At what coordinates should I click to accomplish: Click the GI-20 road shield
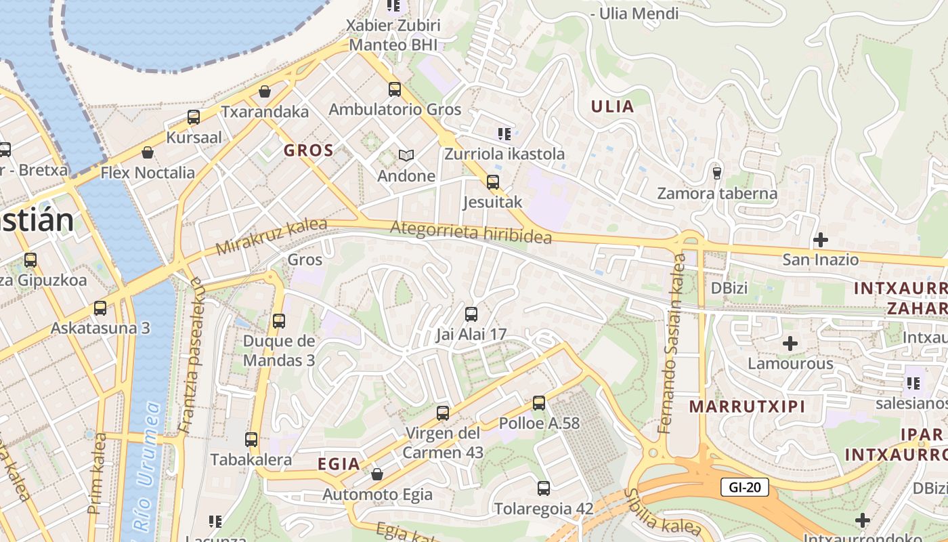point(744,486)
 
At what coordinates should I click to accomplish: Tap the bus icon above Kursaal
point(194,117)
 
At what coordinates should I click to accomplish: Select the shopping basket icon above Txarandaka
point(265,91)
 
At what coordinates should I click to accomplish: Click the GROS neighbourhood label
point(309,150)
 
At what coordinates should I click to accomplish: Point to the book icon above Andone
point(406,156)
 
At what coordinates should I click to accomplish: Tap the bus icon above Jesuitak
point(492,182)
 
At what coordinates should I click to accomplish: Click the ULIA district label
point(612,106)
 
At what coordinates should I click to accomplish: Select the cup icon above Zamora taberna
point(717,173)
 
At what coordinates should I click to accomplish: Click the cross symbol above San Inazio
point(820,239)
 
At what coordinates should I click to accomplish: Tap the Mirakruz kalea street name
point(271,236)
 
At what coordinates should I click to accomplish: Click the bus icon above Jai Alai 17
point(471,314)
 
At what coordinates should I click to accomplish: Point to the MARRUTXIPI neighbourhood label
point(747,406)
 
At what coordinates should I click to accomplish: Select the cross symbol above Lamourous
point(790,343)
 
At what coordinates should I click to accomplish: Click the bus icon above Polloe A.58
point(539,403)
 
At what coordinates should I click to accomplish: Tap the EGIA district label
point(339,464)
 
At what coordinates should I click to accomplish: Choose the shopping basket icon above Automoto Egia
point(377,474)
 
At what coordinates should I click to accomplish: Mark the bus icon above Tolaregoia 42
point(543,488)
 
